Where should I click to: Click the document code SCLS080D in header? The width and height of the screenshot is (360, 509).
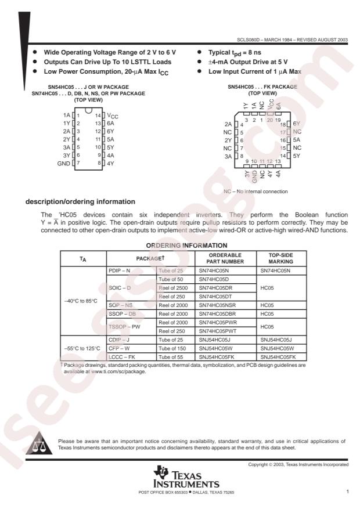pos(250,40)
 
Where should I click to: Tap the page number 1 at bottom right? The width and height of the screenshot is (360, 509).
pos(347,491)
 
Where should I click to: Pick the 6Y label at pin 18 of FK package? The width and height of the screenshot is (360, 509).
pos(297,124)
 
